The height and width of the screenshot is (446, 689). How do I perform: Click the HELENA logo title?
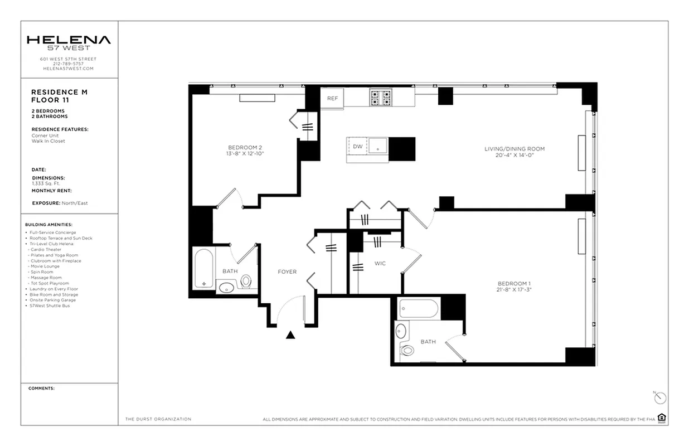pos(69,40)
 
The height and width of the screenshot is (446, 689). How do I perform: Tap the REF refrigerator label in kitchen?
pos(332,98)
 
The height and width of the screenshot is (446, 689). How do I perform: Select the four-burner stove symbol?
pos(381,98)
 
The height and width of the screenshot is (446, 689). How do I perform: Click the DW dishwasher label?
pos(357,146)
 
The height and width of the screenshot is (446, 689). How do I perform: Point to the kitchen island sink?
pos(379,147)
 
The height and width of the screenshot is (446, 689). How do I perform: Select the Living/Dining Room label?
pos(514,149)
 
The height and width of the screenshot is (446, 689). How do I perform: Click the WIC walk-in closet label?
pos(380,263)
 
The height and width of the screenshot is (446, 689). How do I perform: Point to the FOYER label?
pos(287,272)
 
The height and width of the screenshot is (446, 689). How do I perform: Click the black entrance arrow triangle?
pos(290,335)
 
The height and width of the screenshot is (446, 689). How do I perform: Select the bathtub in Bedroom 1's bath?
pos(419,308)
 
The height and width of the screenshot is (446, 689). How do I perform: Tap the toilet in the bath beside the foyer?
pos(246,281)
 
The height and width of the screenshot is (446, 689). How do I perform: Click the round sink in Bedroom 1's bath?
pos(401,331)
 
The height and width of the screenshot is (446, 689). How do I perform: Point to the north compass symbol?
pos(660,397)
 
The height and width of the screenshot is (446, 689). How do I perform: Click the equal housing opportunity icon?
pos(662,418)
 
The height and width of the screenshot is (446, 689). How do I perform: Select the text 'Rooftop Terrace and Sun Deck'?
pos(61,238)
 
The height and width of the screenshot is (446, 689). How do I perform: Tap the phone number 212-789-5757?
pos(68,64)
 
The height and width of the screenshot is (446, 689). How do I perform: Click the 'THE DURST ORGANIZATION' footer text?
pos(158,419)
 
